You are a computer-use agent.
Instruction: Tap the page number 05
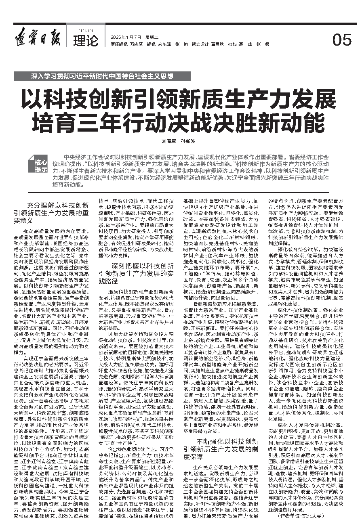coord(341,40)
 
